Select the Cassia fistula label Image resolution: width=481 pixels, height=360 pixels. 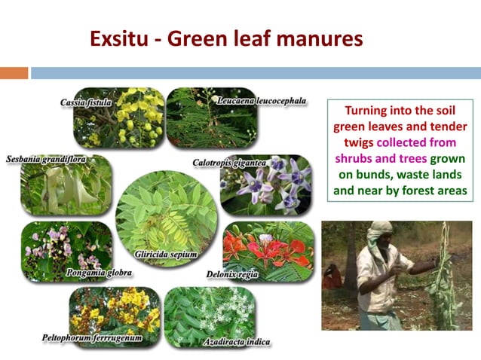pyautogui.click(x=86, y=102)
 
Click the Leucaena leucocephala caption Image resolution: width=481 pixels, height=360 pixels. pyautogui.click(x=261, y=100)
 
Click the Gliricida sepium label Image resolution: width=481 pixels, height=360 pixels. pyautogui.click(x=166, y=254)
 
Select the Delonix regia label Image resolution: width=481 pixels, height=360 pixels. pyautogui.click(x=232, y=274)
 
